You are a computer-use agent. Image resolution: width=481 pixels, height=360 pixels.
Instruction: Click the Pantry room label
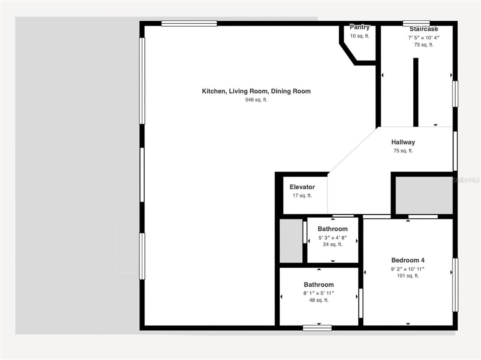[x=360, y=27]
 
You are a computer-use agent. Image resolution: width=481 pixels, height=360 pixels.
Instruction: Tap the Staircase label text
[x=424, y=29]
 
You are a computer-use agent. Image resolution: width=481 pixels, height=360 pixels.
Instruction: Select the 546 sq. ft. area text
[x=256, y=100]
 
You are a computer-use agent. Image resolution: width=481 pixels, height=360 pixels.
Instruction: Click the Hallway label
[x=403, y=142]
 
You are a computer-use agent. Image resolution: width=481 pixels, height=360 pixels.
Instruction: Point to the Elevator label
[x=302, y=187]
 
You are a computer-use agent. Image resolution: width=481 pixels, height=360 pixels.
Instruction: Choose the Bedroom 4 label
[x=408, y=260]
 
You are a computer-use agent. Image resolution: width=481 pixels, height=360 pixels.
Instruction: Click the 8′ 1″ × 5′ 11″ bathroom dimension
[x=319, y=293]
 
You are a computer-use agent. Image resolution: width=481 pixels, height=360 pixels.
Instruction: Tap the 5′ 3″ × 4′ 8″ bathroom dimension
[x=333, y=237]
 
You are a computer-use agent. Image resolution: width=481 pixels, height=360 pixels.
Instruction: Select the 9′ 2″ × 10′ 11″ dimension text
[x=408, y=269]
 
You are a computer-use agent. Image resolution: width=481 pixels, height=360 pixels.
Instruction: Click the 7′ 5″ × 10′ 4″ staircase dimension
[x=424, y=38]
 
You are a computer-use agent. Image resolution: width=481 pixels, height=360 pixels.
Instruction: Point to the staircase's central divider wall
[x=416, y=92]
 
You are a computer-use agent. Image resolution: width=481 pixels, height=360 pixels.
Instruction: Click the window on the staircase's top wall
[x=416, y=23]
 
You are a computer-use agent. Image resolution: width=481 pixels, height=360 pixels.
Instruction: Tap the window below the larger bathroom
[x=317, y=328]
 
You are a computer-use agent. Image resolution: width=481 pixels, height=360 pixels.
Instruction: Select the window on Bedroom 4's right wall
[x=455, y=284]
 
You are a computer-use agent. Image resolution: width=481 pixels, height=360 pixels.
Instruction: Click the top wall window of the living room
[x=189, y=23]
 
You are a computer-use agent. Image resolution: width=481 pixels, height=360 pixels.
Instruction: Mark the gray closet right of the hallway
[x=424, y=195]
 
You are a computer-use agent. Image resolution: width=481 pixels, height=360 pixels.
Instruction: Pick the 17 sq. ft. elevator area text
[x=302, y=195]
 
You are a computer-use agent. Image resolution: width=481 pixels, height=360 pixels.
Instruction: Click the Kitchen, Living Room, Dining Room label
[x=256, y=91]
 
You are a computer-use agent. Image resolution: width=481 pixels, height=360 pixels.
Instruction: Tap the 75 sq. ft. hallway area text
[x=403, y=151]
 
